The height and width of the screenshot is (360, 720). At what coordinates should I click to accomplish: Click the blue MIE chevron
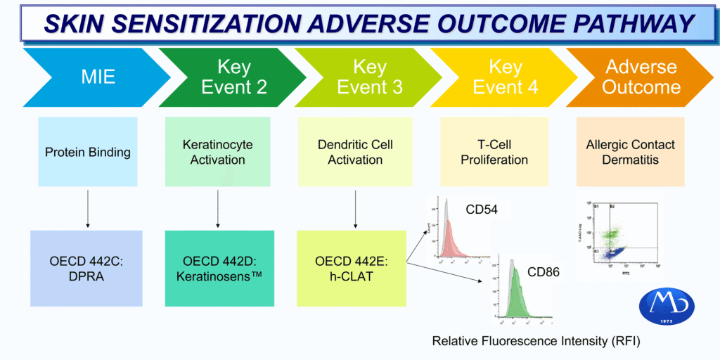click(94, 77)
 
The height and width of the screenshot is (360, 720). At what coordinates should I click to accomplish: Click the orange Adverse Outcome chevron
click(640, 77)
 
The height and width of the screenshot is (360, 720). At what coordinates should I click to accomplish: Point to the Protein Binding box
click(88, 152)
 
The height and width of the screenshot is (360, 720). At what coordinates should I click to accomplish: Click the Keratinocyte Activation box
click(218, 152)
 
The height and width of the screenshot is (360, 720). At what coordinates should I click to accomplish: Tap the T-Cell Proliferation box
click(494, 152)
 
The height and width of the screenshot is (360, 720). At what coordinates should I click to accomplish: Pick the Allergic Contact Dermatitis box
click(630, 152)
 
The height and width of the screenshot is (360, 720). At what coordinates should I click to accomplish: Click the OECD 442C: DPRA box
click(88, 268)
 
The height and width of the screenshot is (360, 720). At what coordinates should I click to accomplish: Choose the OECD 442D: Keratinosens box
click(218, 268)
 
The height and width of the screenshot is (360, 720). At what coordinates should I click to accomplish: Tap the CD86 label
click(542, 271)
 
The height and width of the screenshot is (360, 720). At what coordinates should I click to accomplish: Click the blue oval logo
click(667, 307)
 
